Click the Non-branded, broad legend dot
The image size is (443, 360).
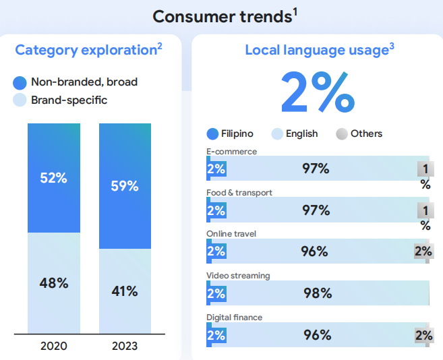[20, 82]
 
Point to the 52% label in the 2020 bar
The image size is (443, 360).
[53, 178]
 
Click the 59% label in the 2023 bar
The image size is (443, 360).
[125, 186]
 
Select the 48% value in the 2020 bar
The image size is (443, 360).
[53, 283]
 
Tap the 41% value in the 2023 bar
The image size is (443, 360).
[125, 291]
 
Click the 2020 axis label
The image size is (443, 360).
[53, 346]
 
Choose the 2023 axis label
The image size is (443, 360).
[125, 346]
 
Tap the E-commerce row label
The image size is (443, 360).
[231, 152]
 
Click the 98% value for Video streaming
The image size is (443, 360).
[317, 293]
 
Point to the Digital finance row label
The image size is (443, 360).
[234, 317]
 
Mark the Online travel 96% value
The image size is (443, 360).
[314, 251]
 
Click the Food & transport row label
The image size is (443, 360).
[239, 193]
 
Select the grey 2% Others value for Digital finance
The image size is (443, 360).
[424, 335]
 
